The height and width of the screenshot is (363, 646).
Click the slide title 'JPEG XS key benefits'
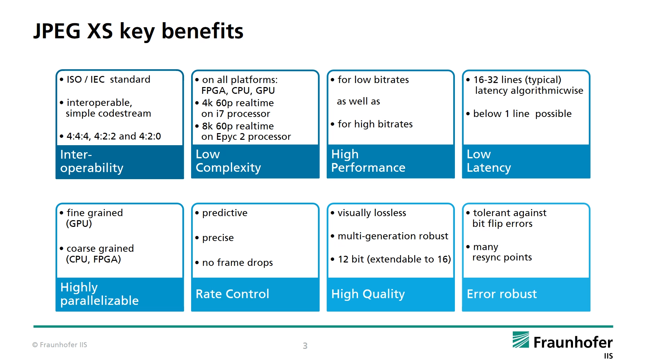(138, 31)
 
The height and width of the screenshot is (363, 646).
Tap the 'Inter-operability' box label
(92, 161)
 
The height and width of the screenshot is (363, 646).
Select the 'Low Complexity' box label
(228, 161)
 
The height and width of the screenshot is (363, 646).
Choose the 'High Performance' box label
(368, 161)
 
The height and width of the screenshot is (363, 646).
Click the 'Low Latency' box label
(489, 161)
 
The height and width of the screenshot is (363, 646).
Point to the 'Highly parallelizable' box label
(99, 294)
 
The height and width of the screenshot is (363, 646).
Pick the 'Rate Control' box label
(232, 294)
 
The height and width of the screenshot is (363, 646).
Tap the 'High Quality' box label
(368, 294)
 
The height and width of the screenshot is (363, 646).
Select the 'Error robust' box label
(502, 294)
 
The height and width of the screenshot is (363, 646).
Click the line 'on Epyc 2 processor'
(246, 136)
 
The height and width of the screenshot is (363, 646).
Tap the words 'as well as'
(358, 101)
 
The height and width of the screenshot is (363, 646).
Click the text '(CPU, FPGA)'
(93, 259)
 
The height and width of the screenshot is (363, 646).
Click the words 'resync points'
(502, 257)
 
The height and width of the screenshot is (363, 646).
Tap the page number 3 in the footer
(305, 346)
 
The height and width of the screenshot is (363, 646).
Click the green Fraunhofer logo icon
(521, 340)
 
